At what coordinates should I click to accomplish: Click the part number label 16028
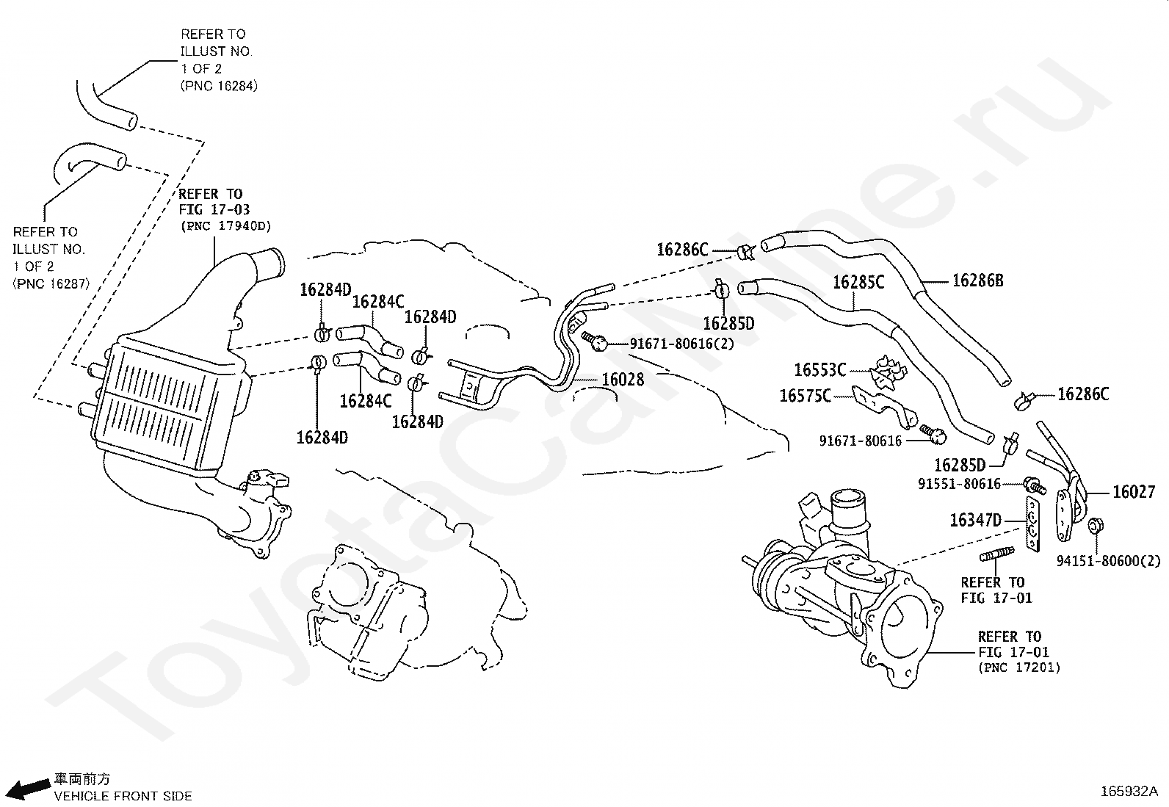pyautogui.click(x=623, y=380)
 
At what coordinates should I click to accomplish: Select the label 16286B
pyautogui.click(x=978, y=281)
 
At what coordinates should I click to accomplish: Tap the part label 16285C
pyautogui.click(x=858, y=283)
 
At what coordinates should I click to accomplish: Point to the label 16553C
pyautogui.click(x=820, y=370)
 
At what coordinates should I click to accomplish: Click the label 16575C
pyautogui.click(x=806, y=397)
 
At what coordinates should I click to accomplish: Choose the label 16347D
pyautogui.click(x=975, y=521)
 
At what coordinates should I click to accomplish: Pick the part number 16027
pyautogui.click(x=1134, y=492)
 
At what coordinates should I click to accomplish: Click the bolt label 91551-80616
pyautogui.click(x=959, y=485)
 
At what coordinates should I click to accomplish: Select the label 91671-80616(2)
pyautogui.click(x=681, y=344)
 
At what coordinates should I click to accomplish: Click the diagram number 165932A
pyautogui.click(x=1129, y=792)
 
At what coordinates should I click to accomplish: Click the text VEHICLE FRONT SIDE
pyautogui.click(x=123, y=796)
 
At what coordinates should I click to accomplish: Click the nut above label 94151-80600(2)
pyautogui.click(x=1096, y=526)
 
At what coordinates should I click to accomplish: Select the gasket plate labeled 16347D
pyautogui.click(x=1033, y=524)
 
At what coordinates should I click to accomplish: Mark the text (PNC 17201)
pyautogui.click(x=1019, y=667)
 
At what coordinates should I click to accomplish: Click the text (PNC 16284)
pyautogui.click(x=219, y=86)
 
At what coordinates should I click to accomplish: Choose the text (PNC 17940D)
pyautogui.click(x=225, y=226)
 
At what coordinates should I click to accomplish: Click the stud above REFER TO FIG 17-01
pyautogui.click(x=996, y=554)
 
